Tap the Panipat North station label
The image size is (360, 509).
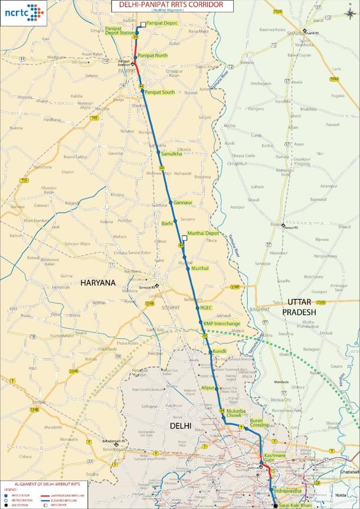153,56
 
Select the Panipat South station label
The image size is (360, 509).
160,93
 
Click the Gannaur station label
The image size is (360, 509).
183,203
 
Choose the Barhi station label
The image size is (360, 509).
168,223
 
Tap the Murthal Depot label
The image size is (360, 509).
203,233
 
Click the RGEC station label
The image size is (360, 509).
206,308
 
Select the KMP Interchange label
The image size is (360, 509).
222,324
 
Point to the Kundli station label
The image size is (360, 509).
220,351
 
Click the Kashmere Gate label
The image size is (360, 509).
274,458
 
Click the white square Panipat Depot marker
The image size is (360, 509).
143,25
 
